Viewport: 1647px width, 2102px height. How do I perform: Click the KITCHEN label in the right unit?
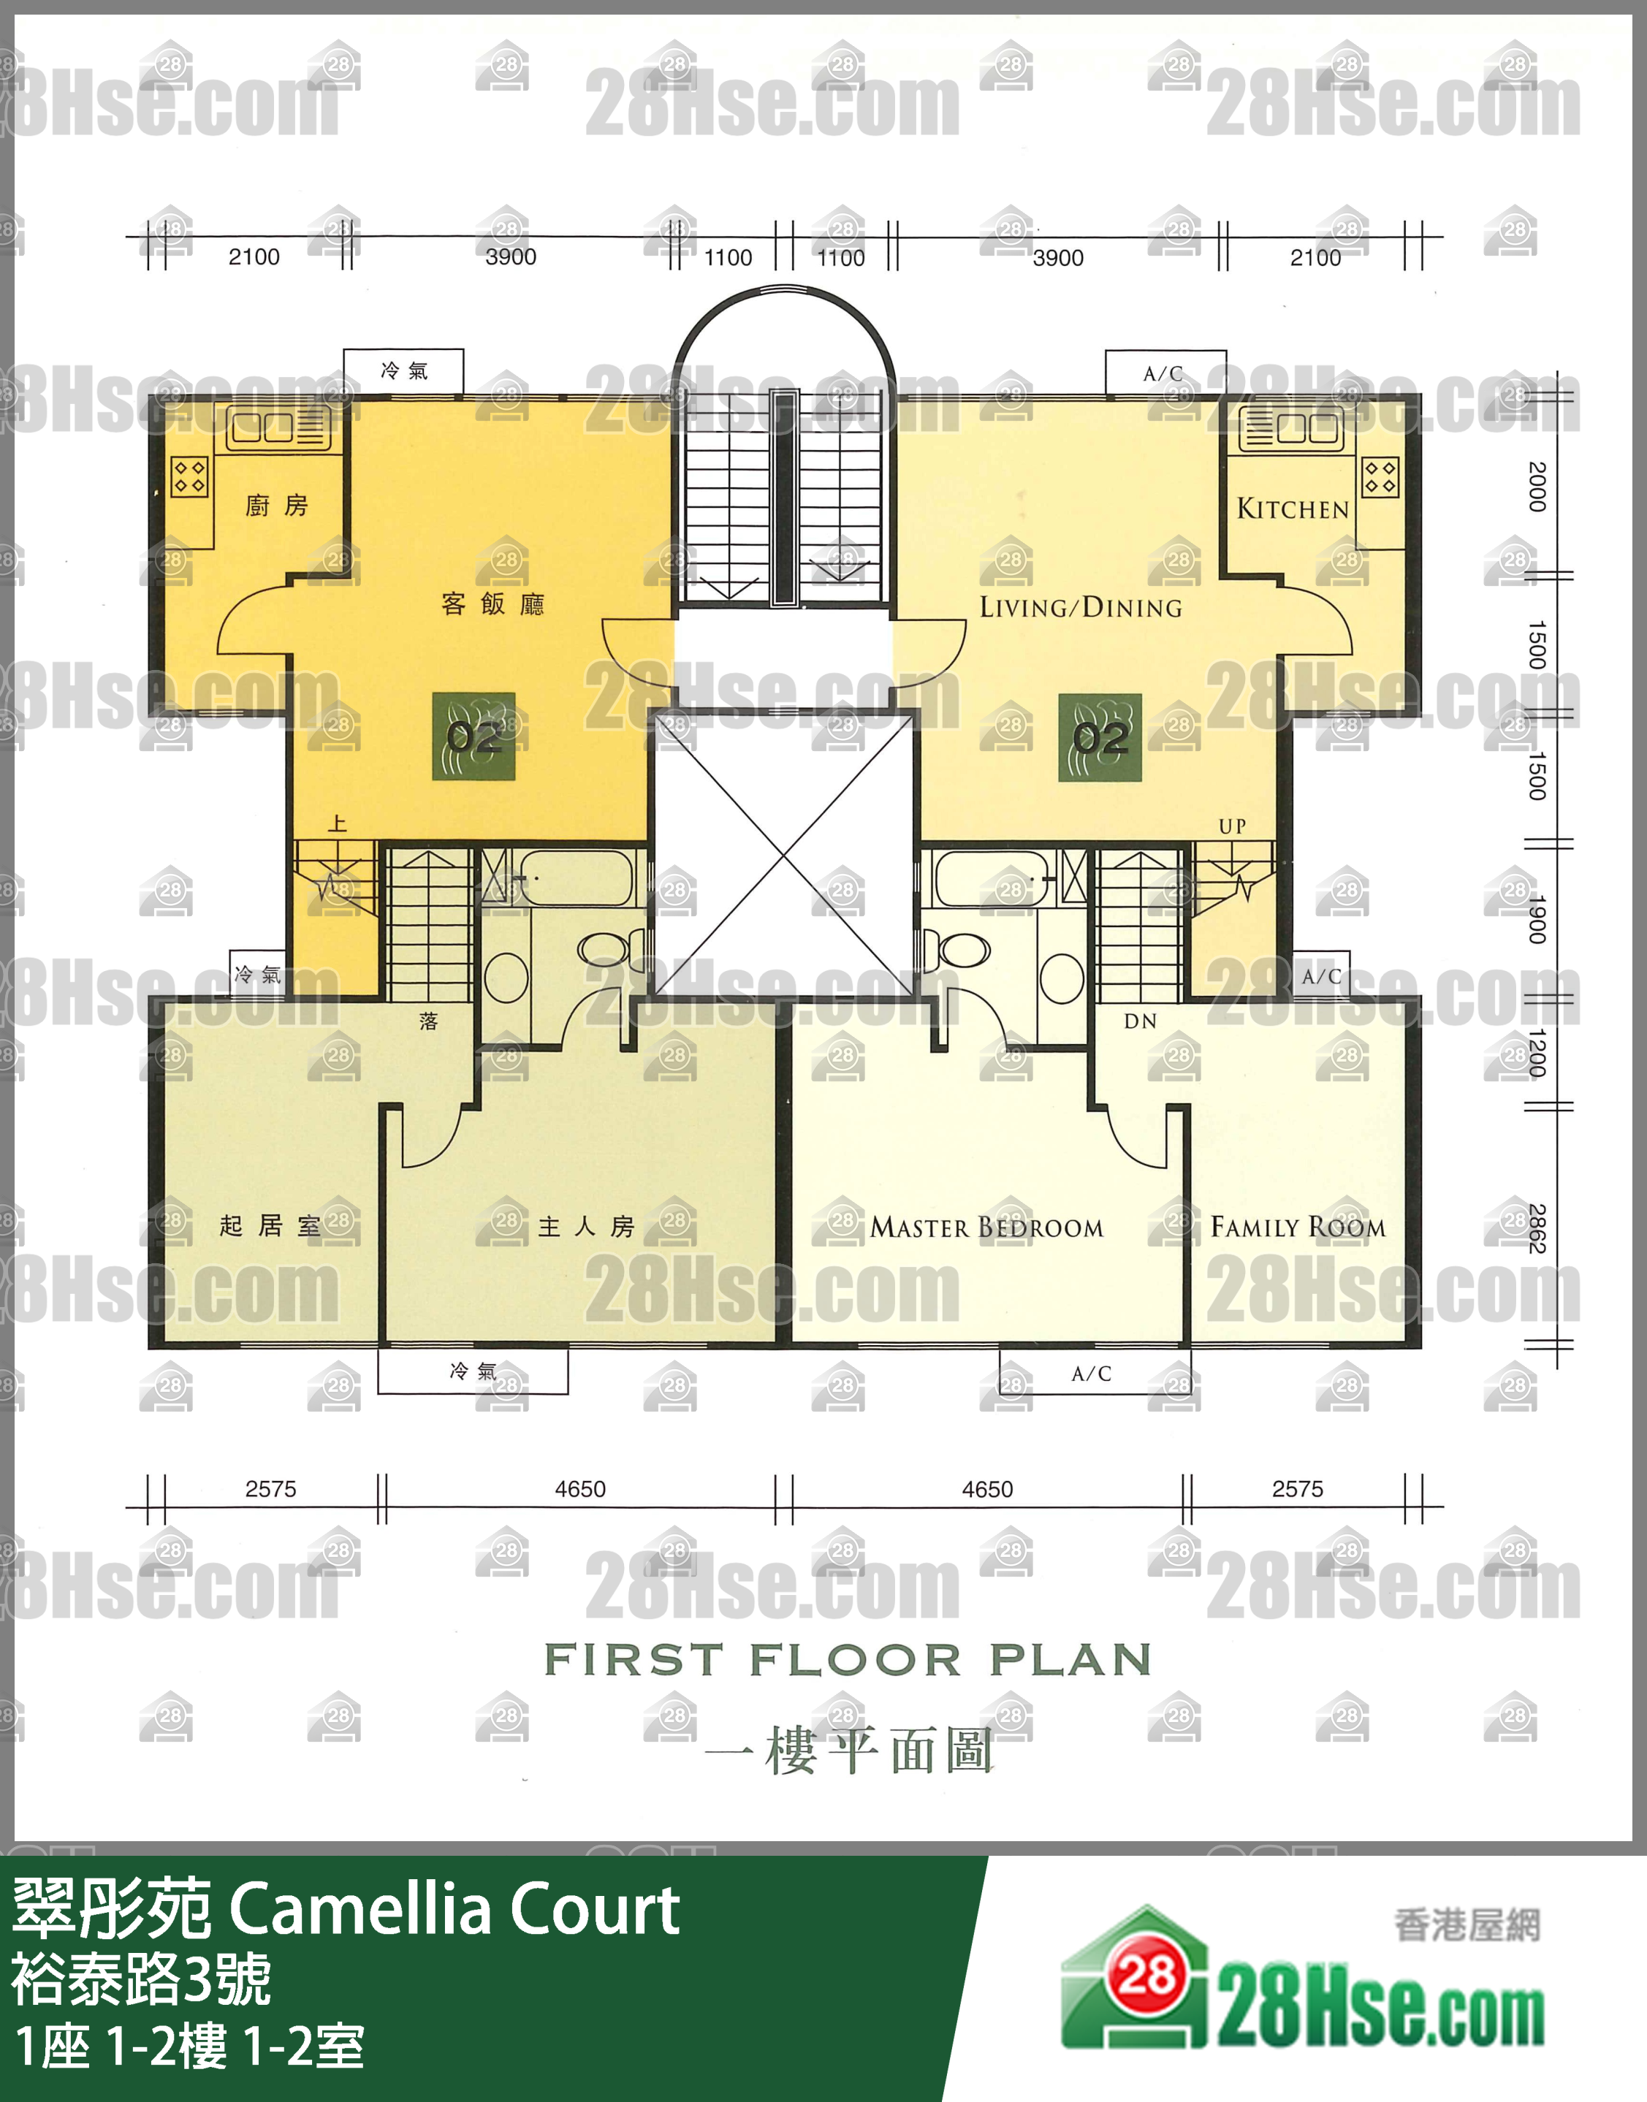coord(1292,508)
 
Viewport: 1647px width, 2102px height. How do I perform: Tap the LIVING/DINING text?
coord(1080,607)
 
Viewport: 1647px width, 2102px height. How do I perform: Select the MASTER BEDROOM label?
coord(986,1227)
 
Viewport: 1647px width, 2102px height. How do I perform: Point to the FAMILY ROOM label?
coord(1298,1227)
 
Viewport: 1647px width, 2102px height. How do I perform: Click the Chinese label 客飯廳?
coord(492,604)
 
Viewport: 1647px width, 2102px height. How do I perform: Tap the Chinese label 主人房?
coord(586,1227)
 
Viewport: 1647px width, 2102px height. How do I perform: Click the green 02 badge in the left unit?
coord(473,736)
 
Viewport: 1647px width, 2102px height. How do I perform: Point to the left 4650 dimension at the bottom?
coord(579,1489)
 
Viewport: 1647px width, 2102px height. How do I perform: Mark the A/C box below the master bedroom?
coord(1094,1373)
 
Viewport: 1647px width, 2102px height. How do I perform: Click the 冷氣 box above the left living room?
coord(404,371)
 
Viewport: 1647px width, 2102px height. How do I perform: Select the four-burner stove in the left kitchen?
coord(189,476)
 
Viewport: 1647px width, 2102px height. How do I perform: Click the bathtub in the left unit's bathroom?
coord(577,877)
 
